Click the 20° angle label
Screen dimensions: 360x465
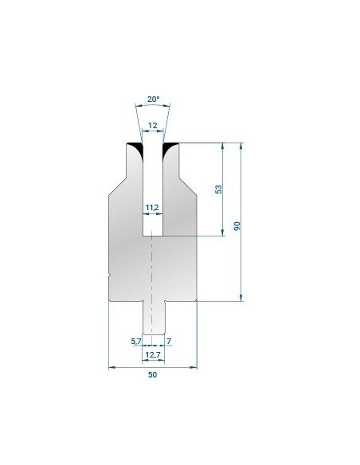point(153,100)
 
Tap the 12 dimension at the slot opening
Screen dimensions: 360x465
point(152,126)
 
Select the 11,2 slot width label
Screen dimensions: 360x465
point(152,208)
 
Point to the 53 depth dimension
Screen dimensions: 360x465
point(218,190)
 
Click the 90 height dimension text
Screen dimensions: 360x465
point(237,225)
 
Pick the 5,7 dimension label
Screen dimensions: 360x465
point(136,341)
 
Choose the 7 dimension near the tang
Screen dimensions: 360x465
point(169,341)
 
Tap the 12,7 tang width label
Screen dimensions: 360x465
point(153,354)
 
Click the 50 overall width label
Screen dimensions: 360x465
point(152,374)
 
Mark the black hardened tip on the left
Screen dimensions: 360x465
point(137,147)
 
